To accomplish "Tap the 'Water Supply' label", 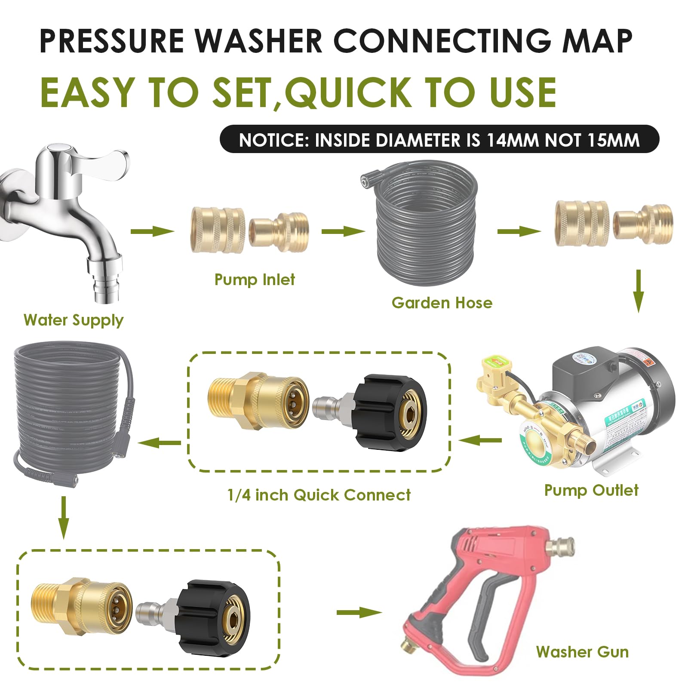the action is (74, 320).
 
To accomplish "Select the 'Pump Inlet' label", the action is (255, 280).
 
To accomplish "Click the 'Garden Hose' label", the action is (442, 303).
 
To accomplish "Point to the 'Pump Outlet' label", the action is (591, 490).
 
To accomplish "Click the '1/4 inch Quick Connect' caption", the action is (319, 495).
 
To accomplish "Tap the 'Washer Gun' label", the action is (582, 652).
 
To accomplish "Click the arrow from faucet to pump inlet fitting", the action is (152, 231).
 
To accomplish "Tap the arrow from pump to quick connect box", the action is (480, 440).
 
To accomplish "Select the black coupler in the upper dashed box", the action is (389, 413).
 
